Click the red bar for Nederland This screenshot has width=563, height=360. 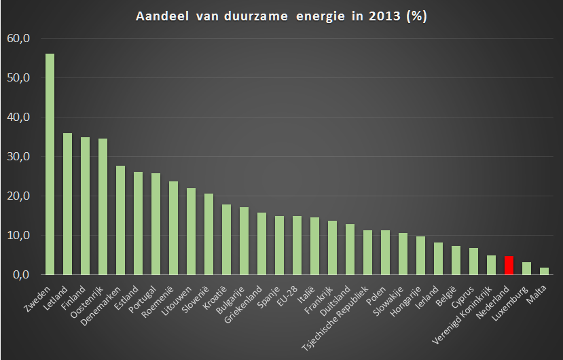click(509, 266)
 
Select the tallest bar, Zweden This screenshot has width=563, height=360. click(50, 164)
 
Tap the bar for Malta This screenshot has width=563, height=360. click(545, 271)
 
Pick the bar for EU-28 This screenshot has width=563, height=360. click(297, 245)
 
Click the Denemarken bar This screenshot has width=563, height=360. click(121, 220)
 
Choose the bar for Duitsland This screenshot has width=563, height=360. click(350, 249)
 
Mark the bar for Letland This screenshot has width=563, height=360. click(67, 204)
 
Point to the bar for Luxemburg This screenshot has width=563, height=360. click(526, 268)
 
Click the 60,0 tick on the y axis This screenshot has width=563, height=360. click(18, 38)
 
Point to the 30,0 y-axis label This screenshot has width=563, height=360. click(18, 157)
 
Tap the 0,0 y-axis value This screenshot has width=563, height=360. click(21, 275)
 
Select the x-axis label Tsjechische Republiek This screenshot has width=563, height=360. click(335, 319)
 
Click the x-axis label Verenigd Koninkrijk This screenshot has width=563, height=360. click(462, 315)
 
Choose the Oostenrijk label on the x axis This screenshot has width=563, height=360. click(87, 302)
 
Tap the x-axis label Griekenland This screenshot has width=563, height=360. click(243, 304)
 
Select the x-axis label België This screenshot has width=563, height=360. click(446, 296)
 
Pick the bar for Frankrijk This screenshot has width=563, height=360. click(333, 247)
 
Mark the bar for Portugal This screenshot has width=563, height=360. click(156, 224)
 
